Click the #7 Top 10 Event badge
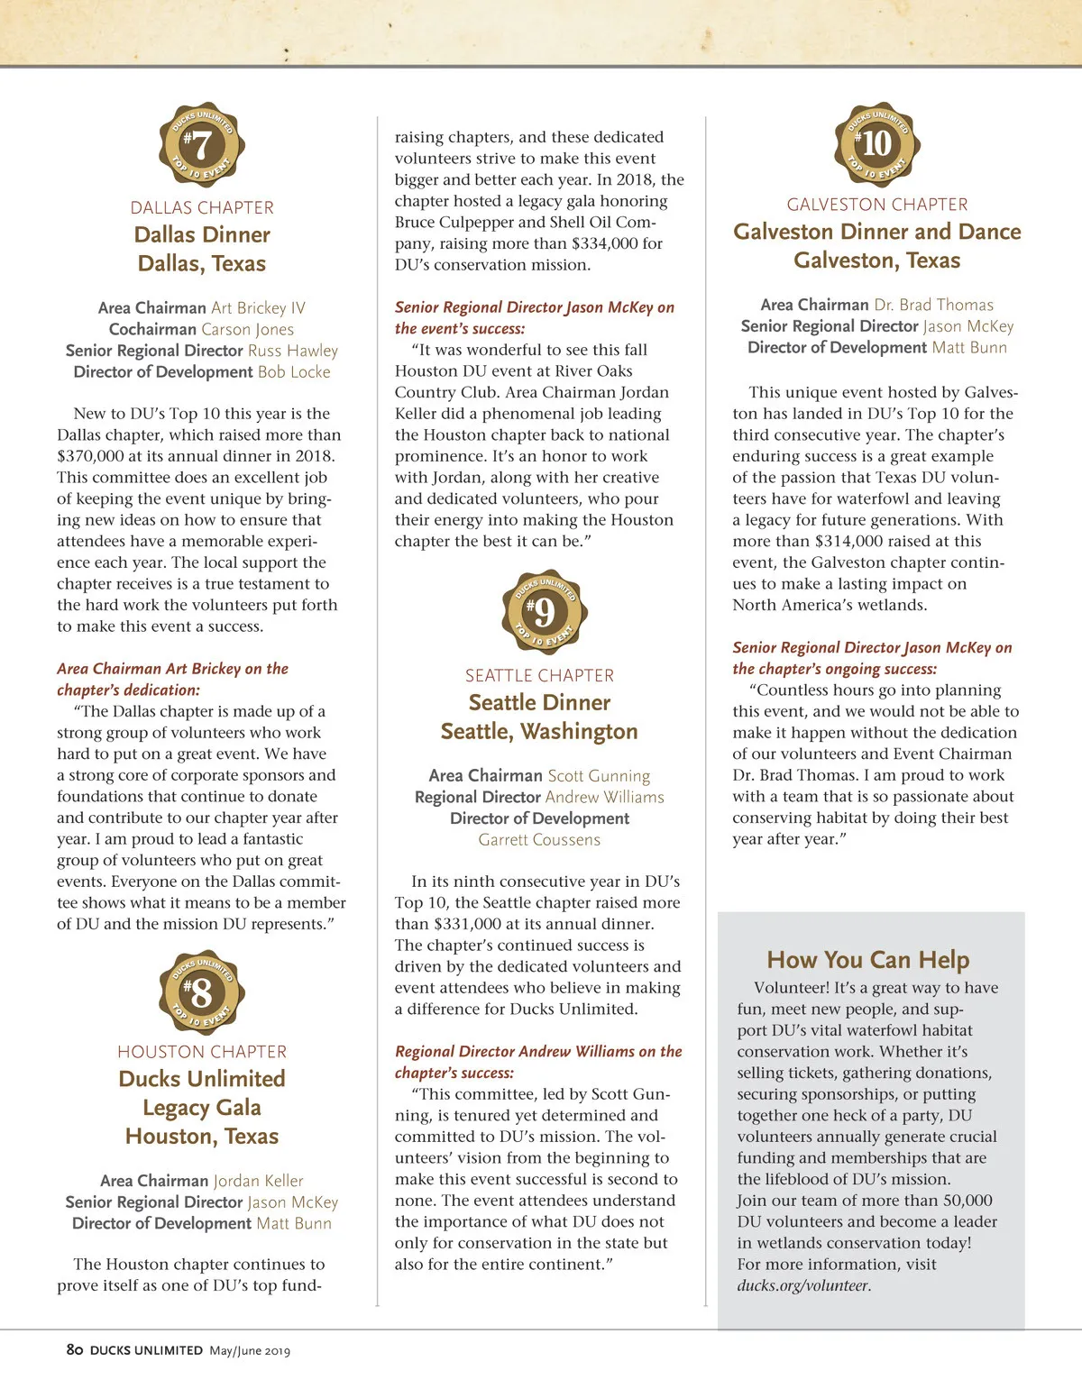[202, 145]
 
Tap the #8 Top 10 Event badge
[202, 992]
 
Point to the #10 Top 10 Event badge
[877, 144]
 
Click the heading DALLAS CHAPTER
[202, 207]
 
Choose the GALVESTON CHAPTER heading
[877, 205]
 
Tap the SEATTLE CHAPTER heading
[539, 675]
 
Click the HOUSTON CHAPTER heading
[202, 1052]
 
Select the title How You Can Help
[868, 960]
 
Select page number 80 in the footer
[75, 1349]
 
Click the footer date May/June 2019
[250, 1350]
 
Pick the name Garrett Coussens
[539, 839]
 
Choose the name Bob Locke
[294, 371]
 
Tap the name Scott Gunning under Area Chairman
[599, 775]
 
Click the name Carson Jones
[247, 329]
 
